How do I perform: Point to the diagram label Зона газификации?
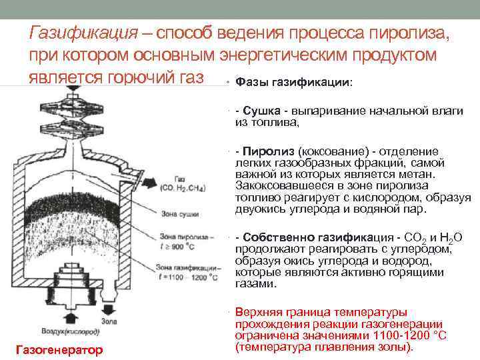[x=187, y=267]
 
